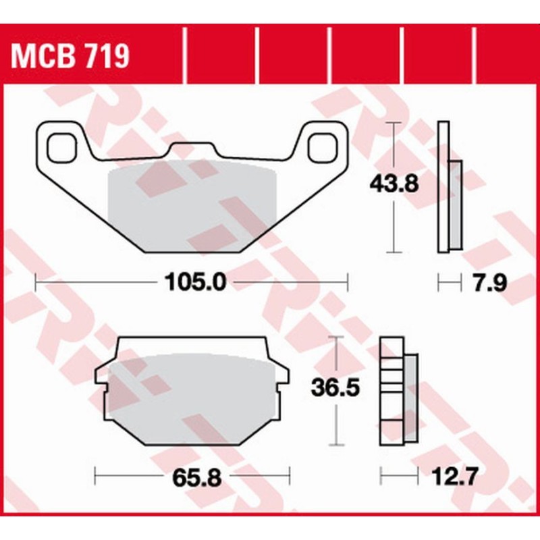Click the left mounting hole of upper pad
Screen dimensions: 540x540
pos(61,146)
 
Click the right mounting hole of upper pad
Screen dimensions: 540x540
pos(322,146)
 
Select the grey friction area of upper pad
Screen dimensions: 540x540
pos(192,202)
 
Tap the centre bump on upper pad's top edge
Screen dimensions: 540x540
pos(192,148)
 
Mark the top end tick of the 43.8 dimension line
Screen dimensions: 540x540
pos(394,124)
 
